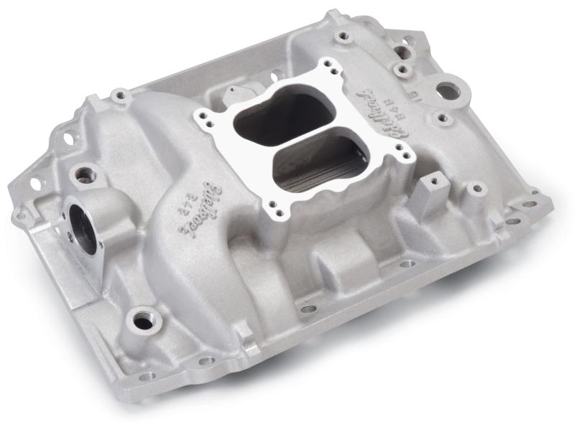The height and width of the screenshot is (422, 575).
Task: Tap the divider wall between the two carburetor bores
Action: click(x=298, y=137)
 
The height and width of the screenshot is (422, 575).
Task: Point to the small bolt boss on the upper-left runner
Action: click(x=116, y=94)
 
